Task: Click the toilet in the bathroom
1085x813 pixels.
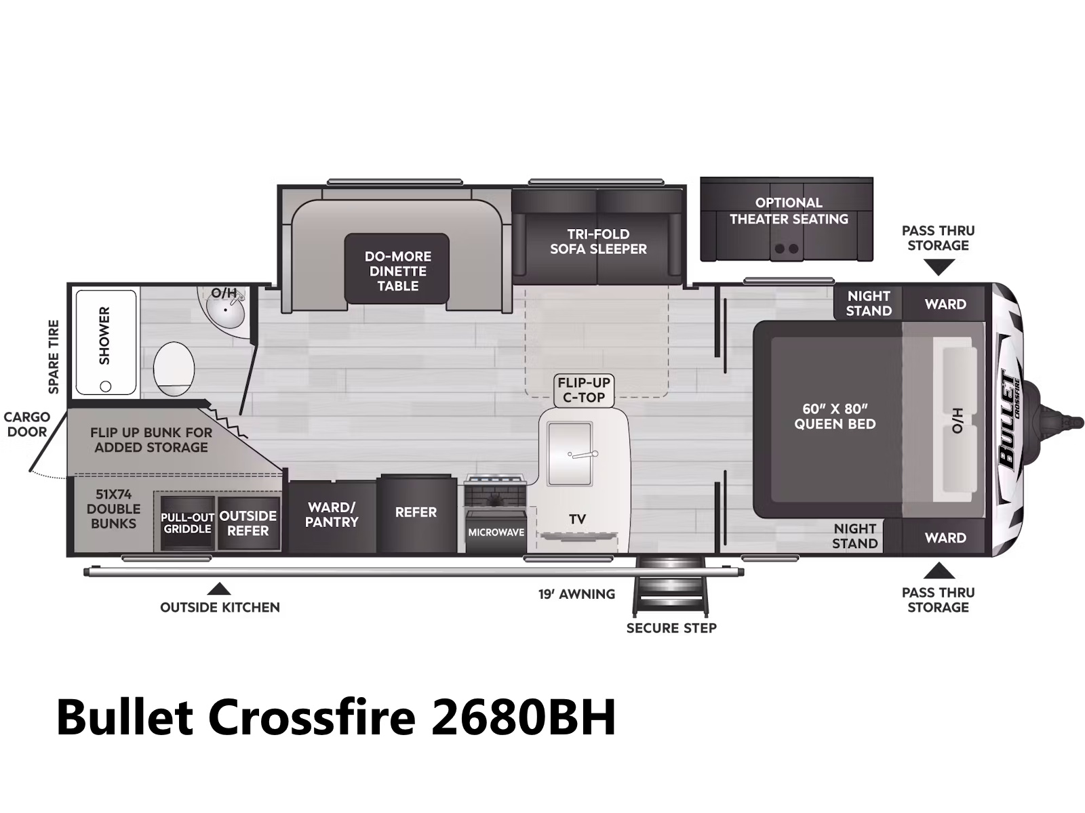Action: pos(174,369)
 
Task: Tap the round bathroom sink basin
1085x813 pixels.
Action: pos(225,310)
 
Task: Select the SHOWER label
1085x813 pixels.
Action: pos(104,335)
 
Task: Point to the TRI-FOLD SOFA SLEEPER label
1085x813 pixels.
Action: pos(598,241)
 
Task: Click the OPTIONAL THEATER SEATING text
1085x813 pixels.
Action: pos(789,211)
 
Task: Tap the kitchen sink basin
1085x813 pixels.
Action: pos(570,454)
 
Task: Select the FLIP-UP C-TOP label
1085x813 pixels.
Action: pos(584,390)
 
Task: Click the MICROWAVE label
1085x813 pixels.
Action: pos(496,533)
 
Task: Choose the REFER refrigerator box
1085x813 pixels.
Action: pos(416,514)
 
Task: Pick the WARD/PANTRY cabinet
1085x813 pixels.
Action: pos(332,516)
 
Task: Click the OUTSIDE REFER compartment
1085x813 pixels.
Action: pos(248,523)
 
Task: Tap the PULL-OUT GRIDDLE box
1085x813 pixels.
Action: pos(187,523)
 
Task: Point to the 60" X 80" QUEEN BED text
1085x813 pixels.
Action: pos(835,416)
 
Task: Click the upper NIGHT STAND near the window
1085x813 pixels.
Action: pos(868,303)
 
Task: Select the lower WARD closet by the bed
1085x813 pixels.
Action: pos(945,537)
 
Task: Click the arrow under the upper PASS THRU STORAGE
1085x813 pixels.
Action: pos(939,267)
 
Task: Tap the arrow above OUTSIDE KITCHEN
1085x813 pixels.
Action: pos(219,589)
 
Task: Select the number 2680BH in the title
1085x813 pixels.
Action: pos(524,717)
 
